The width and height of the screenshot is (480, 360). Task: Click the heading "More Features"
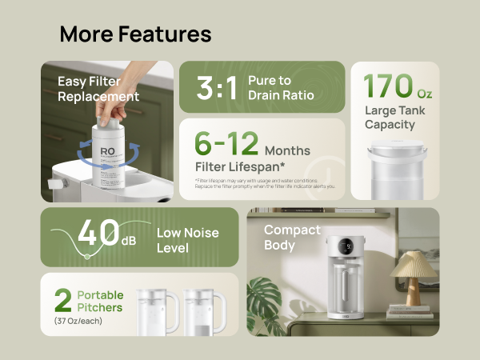[x=135, y=34]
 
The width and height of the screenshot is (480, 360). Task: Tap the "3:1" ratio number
[x=217, y=88]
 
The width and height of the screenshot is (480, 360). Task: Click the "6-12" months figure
[x=227, y=143]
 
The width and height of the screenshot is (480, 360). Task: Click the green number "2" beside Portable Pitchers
[x=63, y=302]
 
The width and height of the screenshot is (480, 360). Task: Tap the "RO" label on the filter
[x=107, y=152]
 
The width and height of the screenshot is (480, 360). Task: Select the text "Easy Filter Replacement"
[x=98, y=89]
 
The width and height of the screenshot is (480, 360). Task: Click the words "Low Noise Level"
[x=188, y=240]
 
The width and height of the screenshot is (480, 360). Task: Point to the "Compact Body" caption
[x=292, y=238]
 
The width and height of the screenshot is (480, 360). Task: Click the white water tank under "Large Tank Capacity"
[x=395, y=166]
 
